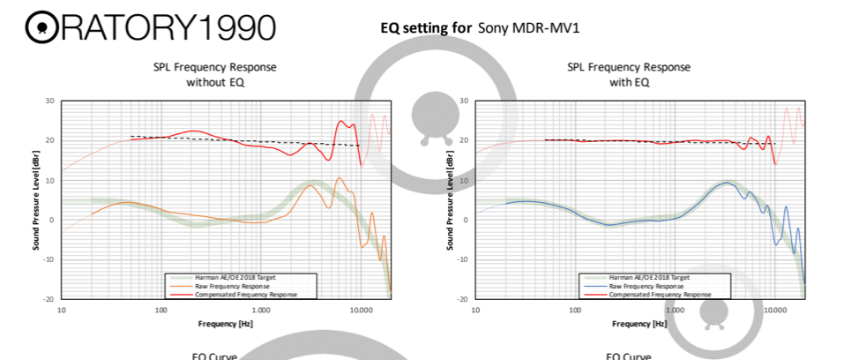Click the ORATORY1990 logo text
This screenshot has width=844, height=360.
pyautogui.click(x=150, y=27)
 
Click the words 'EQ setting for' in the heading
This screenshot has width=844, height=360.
pyautogui.click(x=426, y=27)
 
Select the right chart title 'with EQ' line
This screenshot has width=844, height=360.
pyautogui.click(x=628, y=82)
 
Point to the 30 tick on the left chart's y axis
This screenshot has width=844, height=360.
pyautogui.click(x=51, y=101)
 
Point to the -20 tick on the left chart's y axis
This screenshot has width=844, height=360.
pyautogui.click(x=50, y=299)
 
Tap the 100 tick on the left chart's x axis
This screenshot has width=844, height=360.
pyautogui.click(x=161, y=311)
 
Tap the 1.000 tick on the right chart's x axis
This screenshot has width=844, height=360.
pyautogui.click(x=675, y=311)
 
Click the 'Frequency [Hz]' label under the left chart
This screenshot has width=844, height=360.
pyautogui.click(x=214, y=325)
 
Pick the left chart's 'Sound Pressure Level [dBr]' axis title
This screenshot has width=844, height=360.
pyautogui.click(x=36, y=200)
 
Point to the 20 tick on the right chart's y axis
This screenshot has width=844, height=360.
pyautogui.click(x=465, y=140)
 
